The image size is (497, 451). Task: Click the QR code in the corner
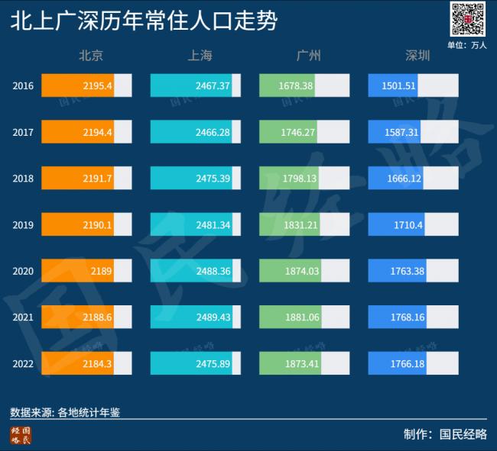point(468,19)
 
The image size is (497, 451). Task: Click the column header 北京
point(91,56)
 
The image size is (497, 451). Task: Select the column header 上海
point(200,56)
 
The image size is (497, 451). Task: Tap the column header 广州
point(308,56)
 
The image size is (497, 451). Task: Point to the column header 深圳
point(417,56)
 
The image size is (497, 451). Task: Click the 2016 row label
point(23,86)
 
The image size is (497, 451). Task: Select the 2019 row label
point(23,224)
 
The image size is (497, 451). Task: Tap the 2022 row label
point(23,363)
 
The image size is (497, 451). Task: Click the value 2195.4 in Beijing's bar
point(98,86)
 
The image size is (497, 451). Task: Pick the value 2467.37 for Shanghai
point(213,86)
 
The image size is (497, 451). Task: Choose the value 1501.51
point(398,86)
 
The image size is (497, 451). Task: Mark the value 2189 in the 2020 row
point(101,271)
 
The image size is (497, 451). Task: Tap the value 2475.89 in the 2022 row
point(213,363)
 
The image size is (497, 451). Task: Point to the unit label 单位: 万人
point(466,45)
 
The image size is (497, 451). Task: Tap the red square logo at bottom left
point(21,435)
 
